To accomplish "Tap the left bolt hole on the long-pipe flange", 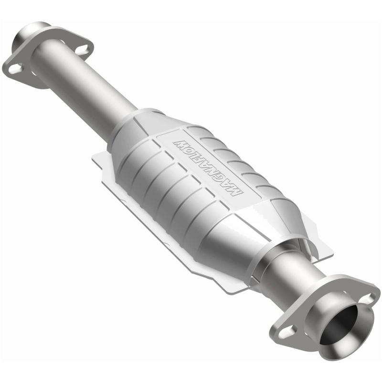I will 16,69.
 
